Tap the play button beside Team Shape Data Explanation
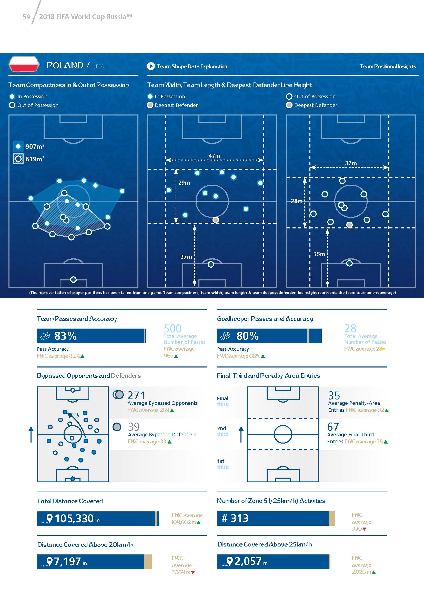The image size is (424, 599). click(151, 66)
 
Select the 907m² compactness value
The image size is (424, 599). click(35, 147)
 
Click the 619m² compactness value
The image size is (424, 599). click(35, 159)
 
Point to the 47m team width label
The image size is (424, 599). click(214, 156)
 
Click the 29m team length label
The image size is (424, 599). click(184, 183)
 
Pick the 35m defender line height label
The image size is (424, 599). click(319, 254)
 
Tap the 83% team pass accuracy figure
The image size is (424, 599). click(65, 336)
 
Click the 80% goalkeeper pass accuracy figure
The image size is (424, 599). click(247, 336)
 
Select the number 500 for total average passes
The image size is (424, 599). click(173, 328)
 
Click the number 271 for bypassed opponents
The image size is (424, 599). click(136, 395)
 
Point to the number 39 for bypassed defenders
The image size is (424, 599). click(134, 427)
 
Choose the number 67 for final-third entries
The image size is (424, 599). click(333, 427)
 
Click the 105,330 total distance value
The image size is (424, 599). click(74, 518)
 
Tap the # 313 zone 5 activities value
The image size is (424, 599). click(235, 518)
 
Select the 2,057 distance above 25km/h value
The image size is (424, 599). click(248, 561)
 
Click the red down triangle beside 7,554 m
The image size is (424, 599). click(193, 572)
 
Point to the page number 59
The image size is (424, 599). click(26, 17)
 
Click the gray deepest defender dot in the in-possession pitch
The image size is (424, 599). click(216, 220)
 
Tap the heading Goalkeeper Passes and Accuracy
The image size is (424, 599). click(265, 319)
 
